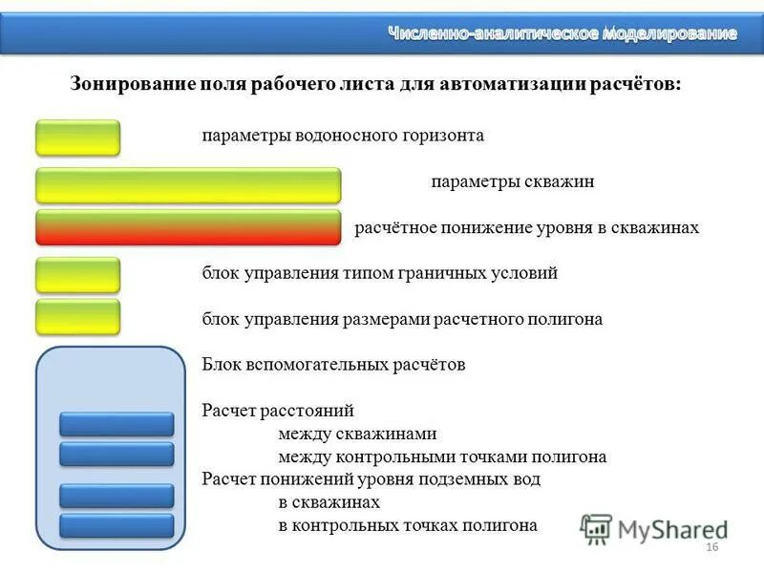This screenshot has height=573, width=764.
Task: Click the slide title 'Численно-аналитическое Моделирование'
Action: click(562, 33)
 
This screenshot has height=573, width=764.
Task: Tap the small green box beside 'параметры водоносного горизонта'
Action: click(78, 138)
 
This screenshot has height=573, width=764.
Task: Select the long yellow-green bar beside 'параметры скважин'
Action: click(188, 184)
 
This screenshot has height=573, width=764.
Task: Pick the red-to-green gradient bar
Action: click(188, 228)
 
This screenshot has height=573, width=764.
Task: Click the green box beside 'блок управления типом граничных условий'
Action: click(78, 275)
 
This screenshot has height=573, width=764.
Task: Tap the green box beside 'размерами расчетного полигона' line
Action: click(78, 317)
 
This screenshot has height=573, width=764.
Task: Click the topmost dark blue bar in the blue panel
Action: click(117, 424)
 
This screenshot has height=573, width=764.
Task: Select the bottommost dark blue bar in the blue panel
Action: click(117, 525)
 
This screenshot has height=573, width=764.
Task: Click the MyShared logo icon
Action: click(596, 528)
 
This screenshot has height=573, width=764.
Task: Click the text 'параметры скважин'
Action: click(513, 181)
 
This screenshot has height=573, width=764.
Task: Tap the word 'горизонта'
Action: click(440, 136)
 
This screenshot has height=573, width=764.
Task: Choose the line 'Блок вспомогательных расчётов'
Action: click(333, 365)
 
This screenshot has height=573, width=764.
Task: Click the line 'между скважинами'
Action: click(357, 434)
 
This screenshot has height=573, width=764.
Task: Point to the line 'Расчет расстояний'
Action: click(278, 411)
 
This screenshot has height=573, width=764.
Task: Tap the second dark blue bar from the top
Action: click(117, 454)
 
